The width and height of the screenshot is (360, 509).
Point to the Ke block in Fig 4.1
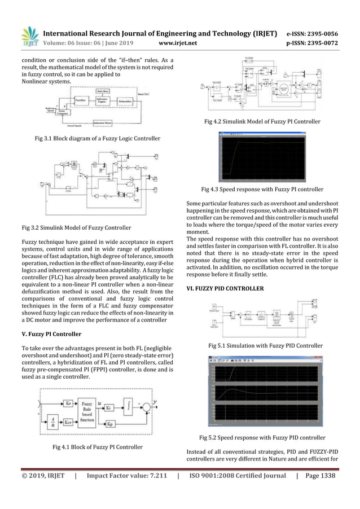click(68, 404)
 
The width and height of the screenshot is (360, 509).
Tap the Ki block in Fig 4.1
click(109, 407)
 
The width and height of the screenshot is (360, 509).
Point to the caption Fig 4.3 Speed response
click(262, 190)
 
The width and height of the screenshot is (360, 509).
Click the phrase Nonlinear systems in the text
click(46, 81)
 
